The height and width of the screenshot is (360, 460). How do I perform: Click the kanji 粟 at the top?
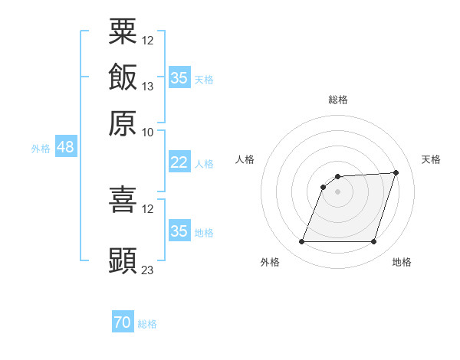pyautogui.click(x=123, y=31)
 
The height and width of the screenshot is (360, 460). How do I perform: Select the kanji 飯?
pyautogui.click(x=123, y=77)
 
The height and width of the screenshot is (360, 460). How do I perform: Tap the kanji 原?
pyautogui.click(x=123, y=123)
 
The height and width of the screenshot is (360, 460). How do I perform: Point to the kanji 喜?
pyautogui.click(x=123, y=199)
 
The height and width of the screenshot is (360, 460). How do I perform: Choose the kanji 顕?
pyautogui.click(x=123, y=260)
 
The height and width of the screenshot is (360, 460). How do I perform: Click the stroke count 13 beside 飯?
pyautogui.click(x=147, y=87)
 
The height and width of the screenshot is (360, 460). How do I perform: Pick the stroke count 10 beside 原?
pyautogui.click(x=147, y=133)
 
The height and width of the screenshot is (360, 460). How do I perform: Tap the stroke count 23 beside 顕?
pyautogui.click(x=147, y=270)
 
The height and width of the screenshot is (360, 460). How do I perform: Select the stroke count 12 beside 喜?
pyautogui.click(x=147, y=209)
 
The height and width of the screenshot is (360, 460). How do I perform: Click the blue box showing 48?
pyautogui.click(x=66, y=146)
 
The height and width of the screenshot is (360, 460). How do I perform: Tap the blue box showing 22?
pyautogui.click(x=179, y=162)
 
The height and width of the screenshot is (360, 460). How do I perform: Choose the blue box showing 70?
pyautogui.click(x=123, y=321)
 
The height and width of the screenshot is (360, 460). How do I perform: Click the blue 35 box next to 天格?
pyautogui.click(x=179, y=77)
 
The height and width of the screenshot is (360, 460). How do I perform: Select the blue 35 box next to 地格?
pyautogui.click(x=179, y=230)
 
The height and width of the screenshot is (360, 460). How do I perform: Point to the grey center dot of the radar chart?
pyautogui.click(x=337, y=191)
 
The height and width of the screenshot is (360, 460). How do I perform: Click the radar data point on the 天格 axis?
pyautogui.click(x=396, y=172)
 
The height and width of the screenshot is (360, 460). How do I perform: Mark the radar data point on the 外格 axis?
pyautogui.click(x=302, y=241)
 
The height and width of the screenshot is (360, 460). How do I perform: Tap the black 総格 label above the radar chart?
pyautogui.click(x=338, y=100)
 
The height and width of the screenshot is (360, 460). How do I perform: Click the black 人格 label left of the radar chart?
pyautogui.click(x=245, y=159)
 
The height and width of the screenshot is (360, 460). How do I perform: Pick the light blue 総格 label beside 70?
pyautogui.click(x=147, y=324)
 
